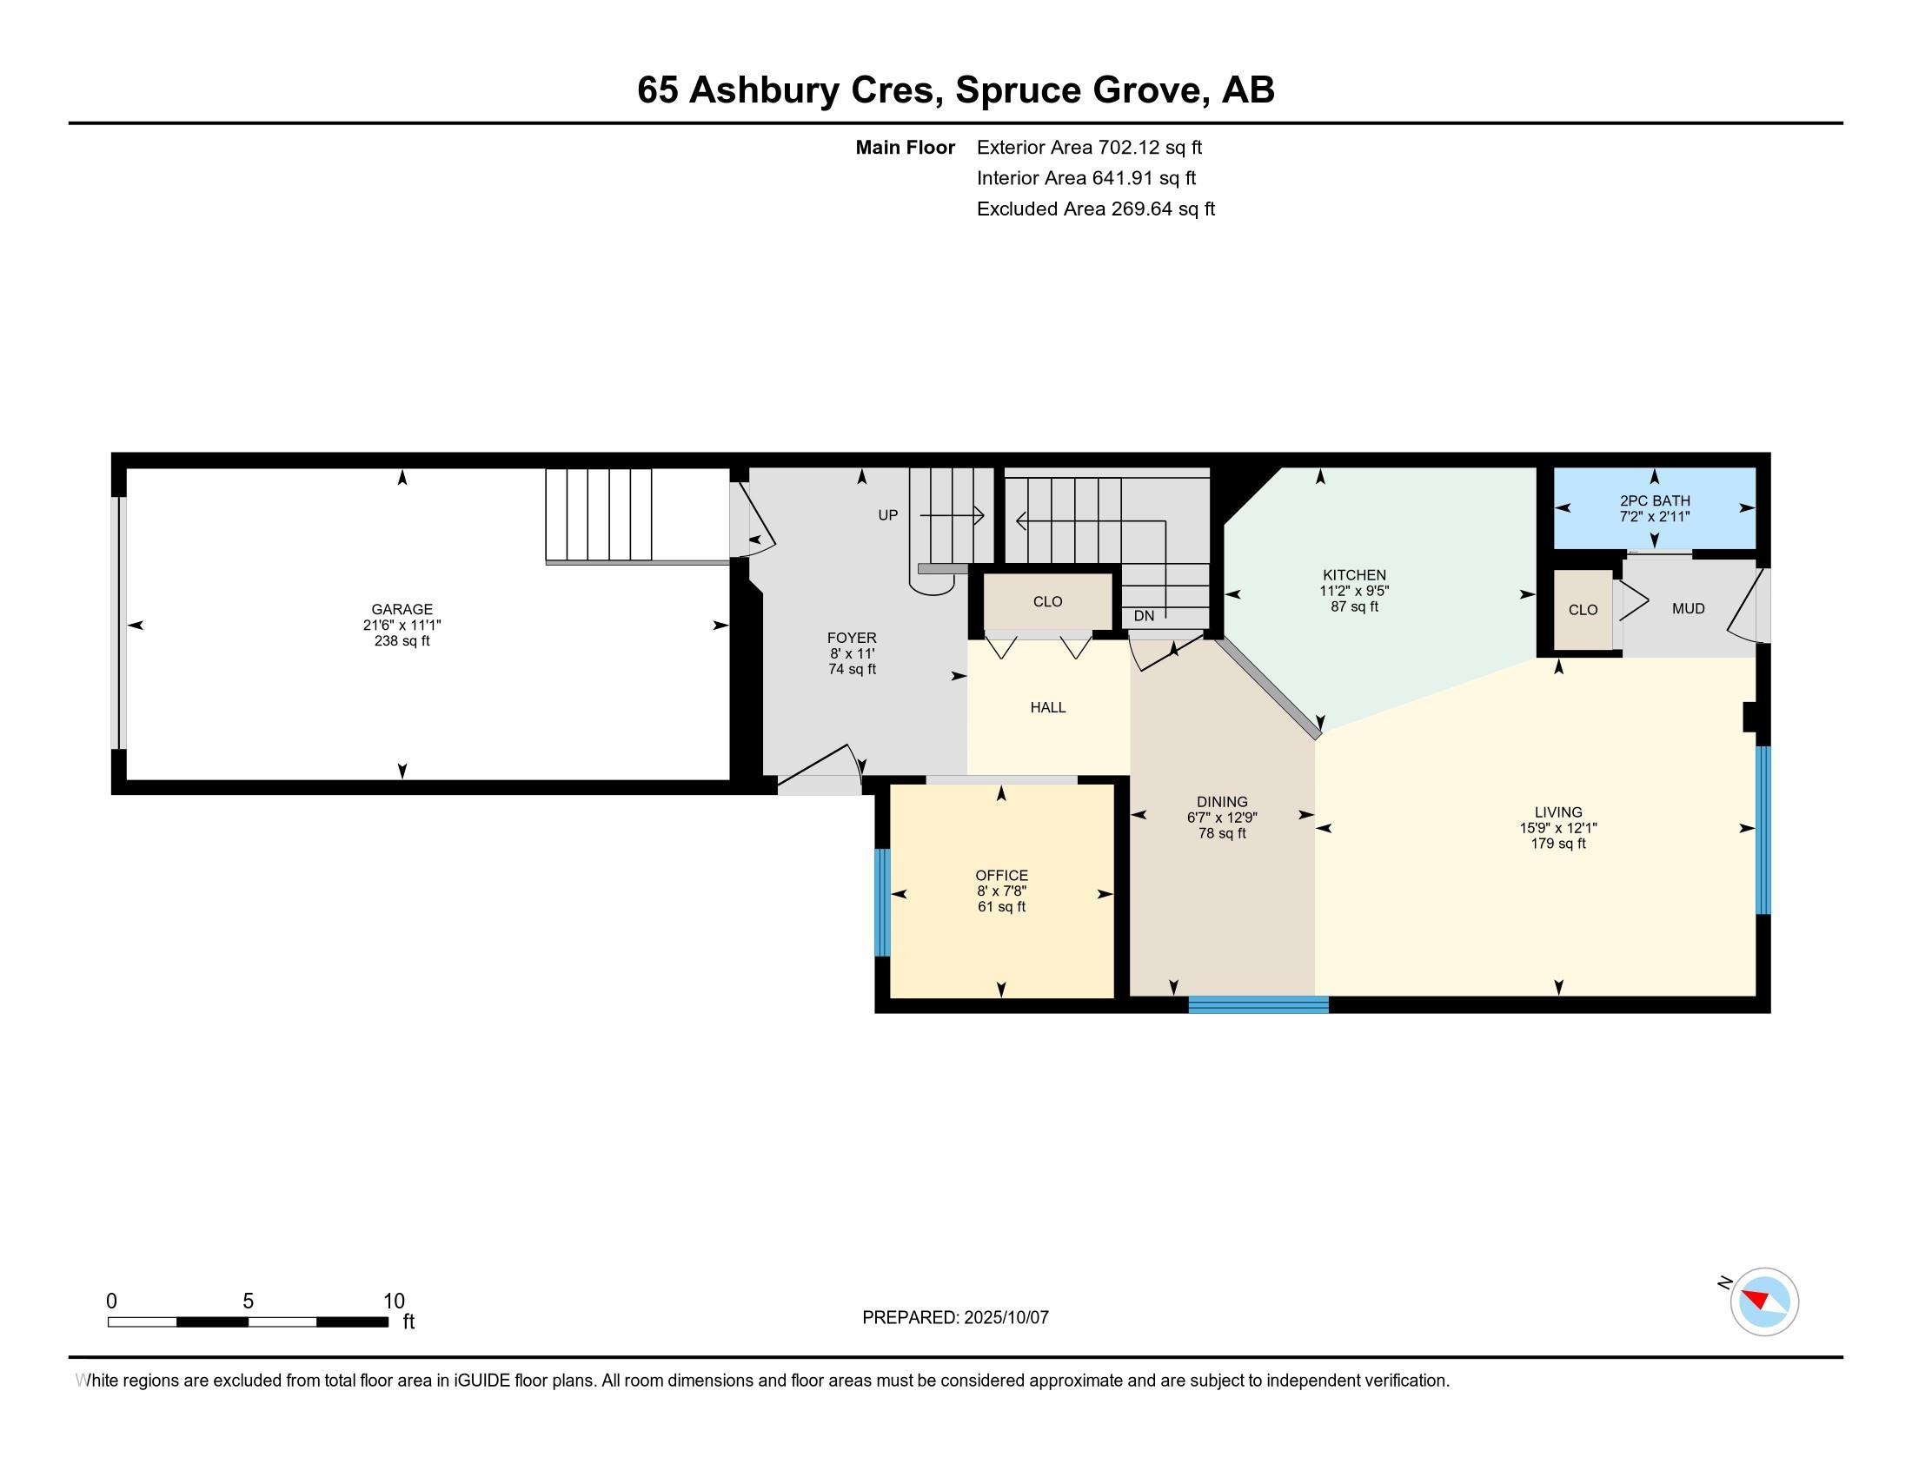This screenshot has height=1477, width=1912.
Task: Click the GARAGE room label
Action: [x=402, y=609]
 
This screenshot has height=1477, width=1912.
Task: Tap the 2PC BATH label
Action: [x=1655, y=501]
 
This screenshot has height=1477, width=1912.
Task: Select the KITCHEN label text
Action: [x=1354, y=575]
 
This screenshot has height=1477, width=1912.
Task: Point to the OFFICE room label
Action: [x=1001, y=875]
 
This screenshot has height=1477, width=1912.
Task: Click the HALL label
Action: [x=1048, y=707]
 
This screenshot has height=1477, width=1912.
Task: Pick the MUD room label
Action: [x=1689, y=608]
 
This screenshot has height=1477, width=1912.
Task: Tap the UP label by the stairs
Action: [x=887, y=515]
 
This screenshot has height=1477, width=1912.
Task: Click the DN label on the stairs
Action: [x=1145, y=615]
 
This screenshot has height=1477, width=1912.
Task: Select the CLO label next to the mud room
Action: [x=1583, y=609]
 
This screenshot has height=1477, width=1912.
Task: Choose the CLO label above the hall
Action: [x=1047, y=601]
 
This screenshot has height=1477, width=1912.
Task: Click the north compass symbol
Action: [x=1763, y=1301]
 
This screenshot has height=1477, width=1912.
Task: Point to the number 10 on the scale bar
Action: [x=394, y=1301]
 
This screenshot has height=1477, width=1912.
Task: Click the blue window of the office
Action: [x=882, y=902]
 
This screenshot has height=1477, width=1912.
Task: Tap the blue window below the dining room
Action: [x=1258, y=1004]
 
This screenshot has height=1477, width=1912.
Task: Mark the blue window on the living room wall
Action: [x=1763, y=830]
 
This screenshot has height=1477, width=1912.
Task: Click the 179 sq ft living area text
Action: [x=1558, y=844]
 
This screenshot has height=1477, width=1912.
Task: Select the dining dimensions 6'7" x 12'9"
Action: [x=1222, y=818]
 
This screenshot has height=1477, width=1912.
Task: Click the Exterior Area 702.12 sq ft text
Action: [x=1090, y=147]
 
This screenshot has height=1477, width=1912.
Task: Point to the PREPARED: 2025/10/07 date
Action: [x=955, y=1317]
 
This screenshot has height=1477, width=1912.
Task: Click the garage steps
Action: [x=599, y=514]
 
